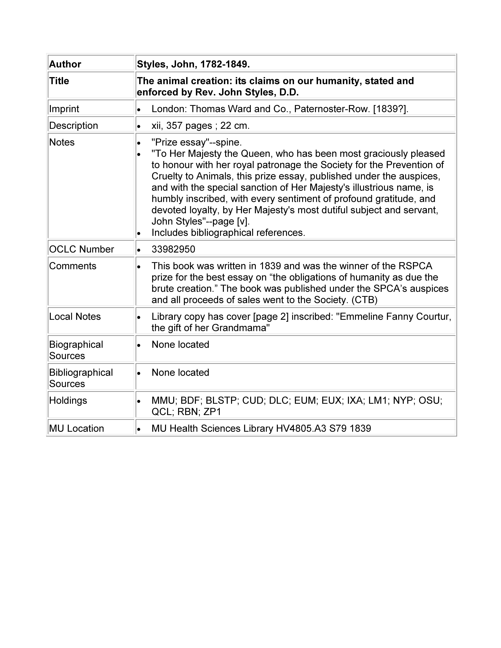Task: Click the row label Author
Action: coord(65,64)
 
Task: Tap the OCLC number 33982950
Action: coord(173,249)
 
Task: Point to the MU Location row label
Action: coord(77,428)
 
